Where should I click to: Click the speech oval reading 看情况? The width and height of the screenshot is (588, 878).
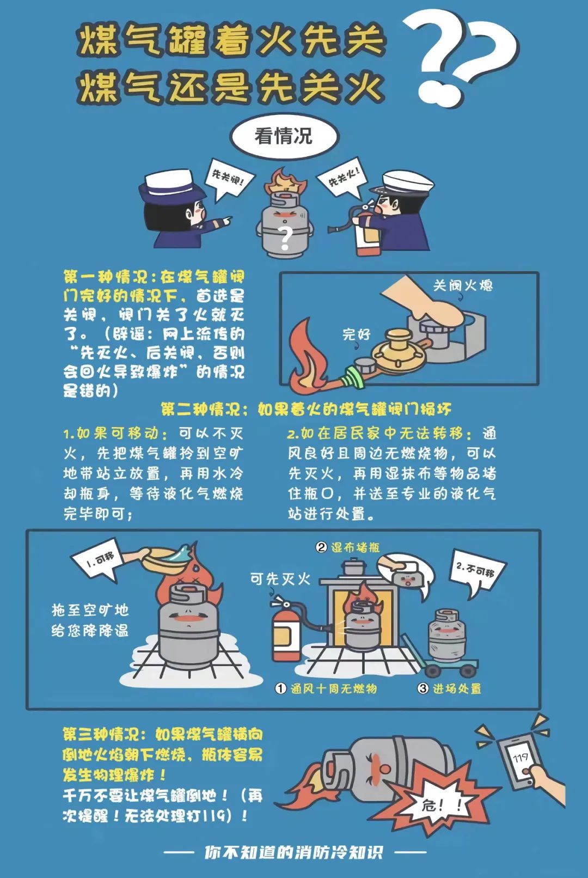pyautogui.click(x=284, y=136)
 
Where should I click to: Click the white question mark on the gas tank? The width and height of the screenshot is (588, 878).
pyautogui.click(x=285, y=237)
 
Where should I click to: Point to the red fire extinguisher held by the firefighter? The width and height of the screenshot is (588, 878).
pyautogui.click(x=365, y=237)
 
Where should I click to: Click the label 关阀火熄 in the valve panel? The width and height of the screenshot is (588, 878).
pyautogui.click(x=463, y=285)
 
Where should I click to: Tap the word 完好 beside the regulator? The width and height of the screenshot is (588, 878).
pyautogui.click(x=357, y=334)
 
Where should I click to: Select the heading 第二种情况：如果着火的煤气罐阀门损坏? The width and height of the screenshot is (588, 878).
pyautogui.click(x=305, y=409)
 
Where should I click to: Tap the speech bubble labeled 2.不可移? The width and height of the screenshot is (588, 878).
pyautogui.click(x=475, y=572)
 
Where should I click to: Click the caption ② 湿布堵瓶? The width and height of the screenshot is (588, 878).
pyautogui.click(x=348, y=547)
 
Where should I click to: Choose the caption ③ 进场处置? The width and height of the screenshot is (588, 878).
pyautogui.click(x=450, y=688)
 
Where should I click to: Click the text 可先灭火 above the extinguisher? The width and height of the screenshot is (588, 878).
pyautogui.click(x=280, y=578)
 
